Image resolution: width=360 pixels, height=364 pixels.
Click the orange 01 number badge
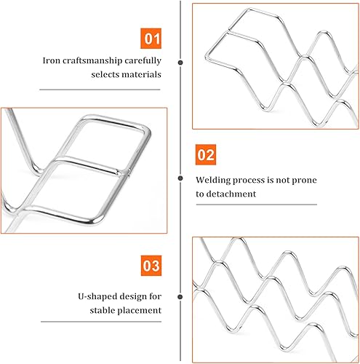click(x=151, y=39)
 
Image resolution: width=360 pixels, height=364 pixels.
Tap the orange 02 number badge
click(x=206, y=154)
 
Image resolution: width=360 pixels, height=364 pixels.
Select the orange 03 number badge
click(x=151, y=266)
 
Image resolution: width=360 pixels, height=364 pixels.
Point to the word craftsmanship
click(x=92, y=60)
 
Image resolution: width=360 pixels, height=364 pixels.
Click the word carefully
click(x=143, y=60)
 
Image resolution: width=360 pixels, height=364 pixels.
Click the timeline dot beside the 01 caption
click(x=180, y=63)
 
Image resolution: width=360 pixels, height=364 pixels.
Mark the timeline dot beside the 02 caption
click(x=180, y=178)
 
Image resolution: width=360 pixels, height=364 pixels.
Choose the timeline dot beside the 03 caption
click(x=180, y=297)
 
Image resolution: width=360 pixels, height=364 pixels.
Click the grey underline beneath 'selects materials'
click(x=100, y=90)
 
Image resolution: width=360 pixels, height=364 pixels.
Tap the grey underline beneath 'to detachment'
click(x=257, y=205)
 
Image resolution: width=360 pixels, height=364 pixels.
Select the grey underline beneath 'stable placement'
click(x=101, y=322)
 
